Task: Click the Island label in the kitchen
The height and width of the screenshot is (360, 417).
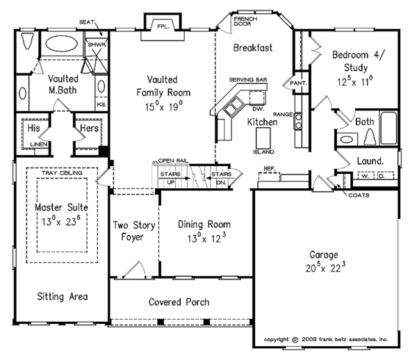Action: (263, 152)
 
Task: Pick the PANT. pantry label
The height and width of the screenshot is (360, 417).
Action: (299, 83)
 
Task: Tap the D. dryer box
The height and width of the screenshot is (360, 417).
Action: (381, 177)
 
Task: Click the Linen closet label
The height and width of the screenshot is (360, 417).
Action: (40, 144)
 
